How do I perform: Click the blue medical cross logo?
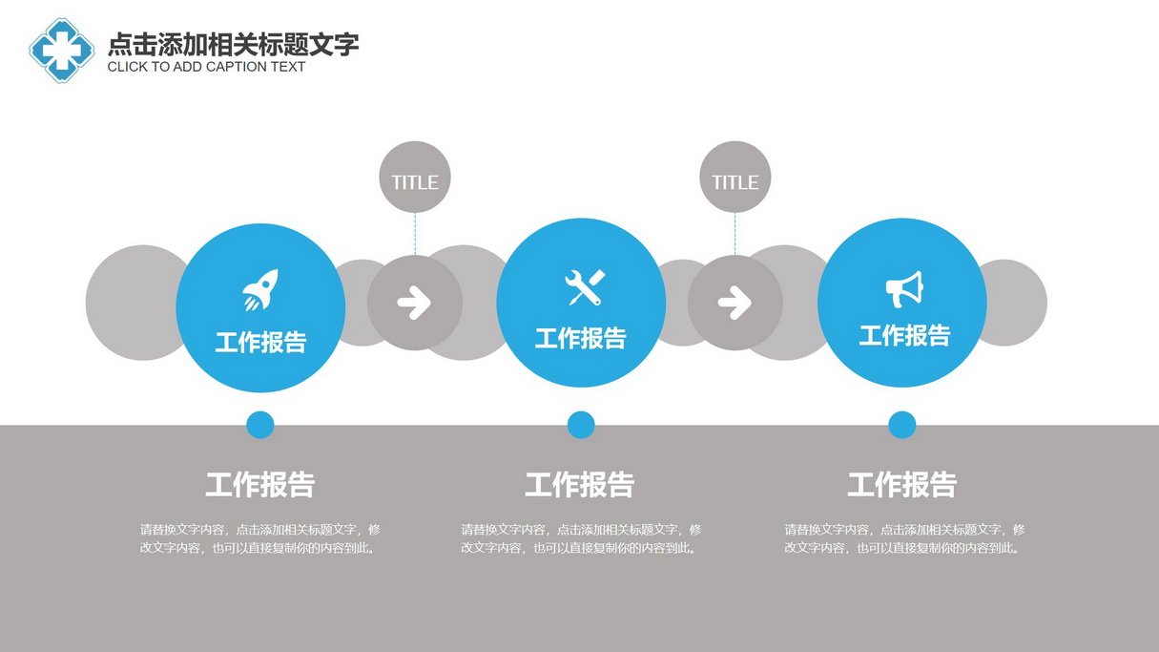(x=62, y=51)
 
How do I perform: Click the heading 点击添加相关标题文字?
(x=233, y=44)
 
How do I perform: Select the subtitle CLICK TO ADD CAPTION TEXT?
(x=206, y=67)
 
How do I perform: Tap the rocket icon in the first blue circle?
(x=260, y=290)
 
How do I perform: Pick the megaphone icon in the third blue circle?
(x=904, y=289)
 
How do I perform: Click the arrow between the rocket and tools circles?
(x=414, y=302)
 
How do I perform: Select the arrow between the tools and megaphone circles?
(x=735, y=302)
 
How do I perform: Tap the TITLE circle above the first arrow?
(x=414, y=178)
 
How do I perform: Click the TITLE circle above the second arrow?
(x=735, y=178)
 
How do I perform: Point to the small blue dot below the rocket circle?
(x=260, y=425)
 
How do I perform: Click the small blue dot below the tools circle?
(x=581, y=425)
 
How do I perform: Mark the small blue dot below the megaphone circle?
(x=902, y=425)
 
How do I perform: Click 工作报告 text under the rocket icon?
(x=260, y=343)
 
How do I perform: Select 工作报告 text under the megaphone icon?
(x=905, y=336)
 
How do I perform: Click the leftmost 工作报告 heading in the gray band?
(x=260, y=485)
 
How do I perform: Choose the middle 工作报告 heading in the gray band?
(x=580, y=485)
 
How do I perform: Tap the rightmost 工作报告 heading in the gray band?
(x=902, y=485)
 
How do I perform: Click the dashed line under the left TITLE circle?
(x=415, y=234)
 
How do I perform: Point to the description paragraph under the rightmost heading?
(x=904, y=538)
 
